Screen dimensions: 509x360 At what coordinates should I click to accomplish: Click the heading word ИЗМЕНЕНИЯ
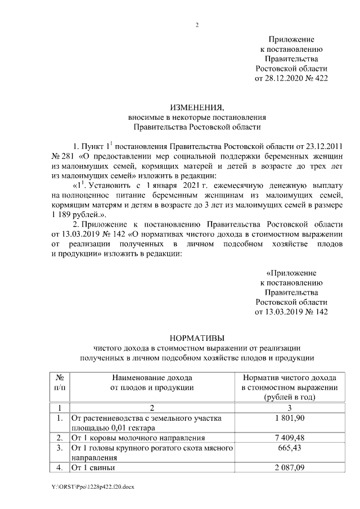tap(197, 107)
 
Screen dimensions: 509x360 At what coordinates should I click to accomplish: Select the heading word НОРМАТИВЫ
tap(197, 337)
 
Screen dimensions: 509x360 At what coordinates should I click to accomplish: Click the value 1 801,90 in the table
tap(289, 418)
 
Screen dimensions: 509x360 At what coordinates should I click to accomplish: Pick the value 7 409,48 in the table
tap(289, 438)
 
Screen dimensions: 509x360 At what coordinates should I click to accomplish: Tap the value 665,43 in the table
tap(289, 448)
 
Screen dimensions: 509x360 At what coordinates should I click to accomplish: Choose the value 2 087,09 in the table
tap(289, 467)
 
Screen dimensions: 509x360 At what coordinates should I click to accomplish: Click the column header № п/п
tap(59, 382)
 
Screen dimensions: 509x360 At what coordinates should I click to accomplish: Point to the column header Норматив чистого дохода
tap(289, 378)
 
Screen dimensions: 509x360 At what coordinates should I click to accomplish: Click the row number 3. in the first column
tap(59, 448)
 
